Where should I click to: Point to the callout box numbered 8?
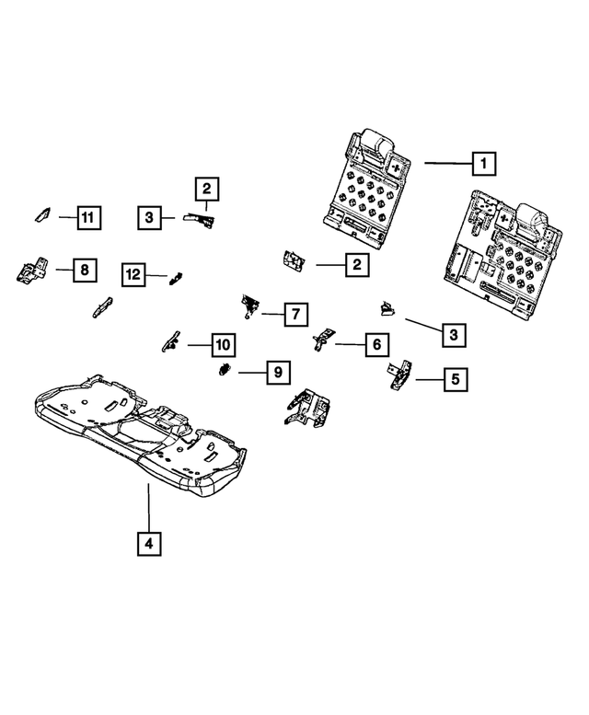click(84, 270)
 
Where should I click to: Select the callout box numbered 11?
click(87, 218)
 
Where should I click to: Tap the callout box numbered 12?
click(134, 273)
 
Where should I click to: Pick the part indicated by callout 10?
click(170, 342)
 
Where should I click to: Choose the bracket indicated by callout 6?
click(322, 340)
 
